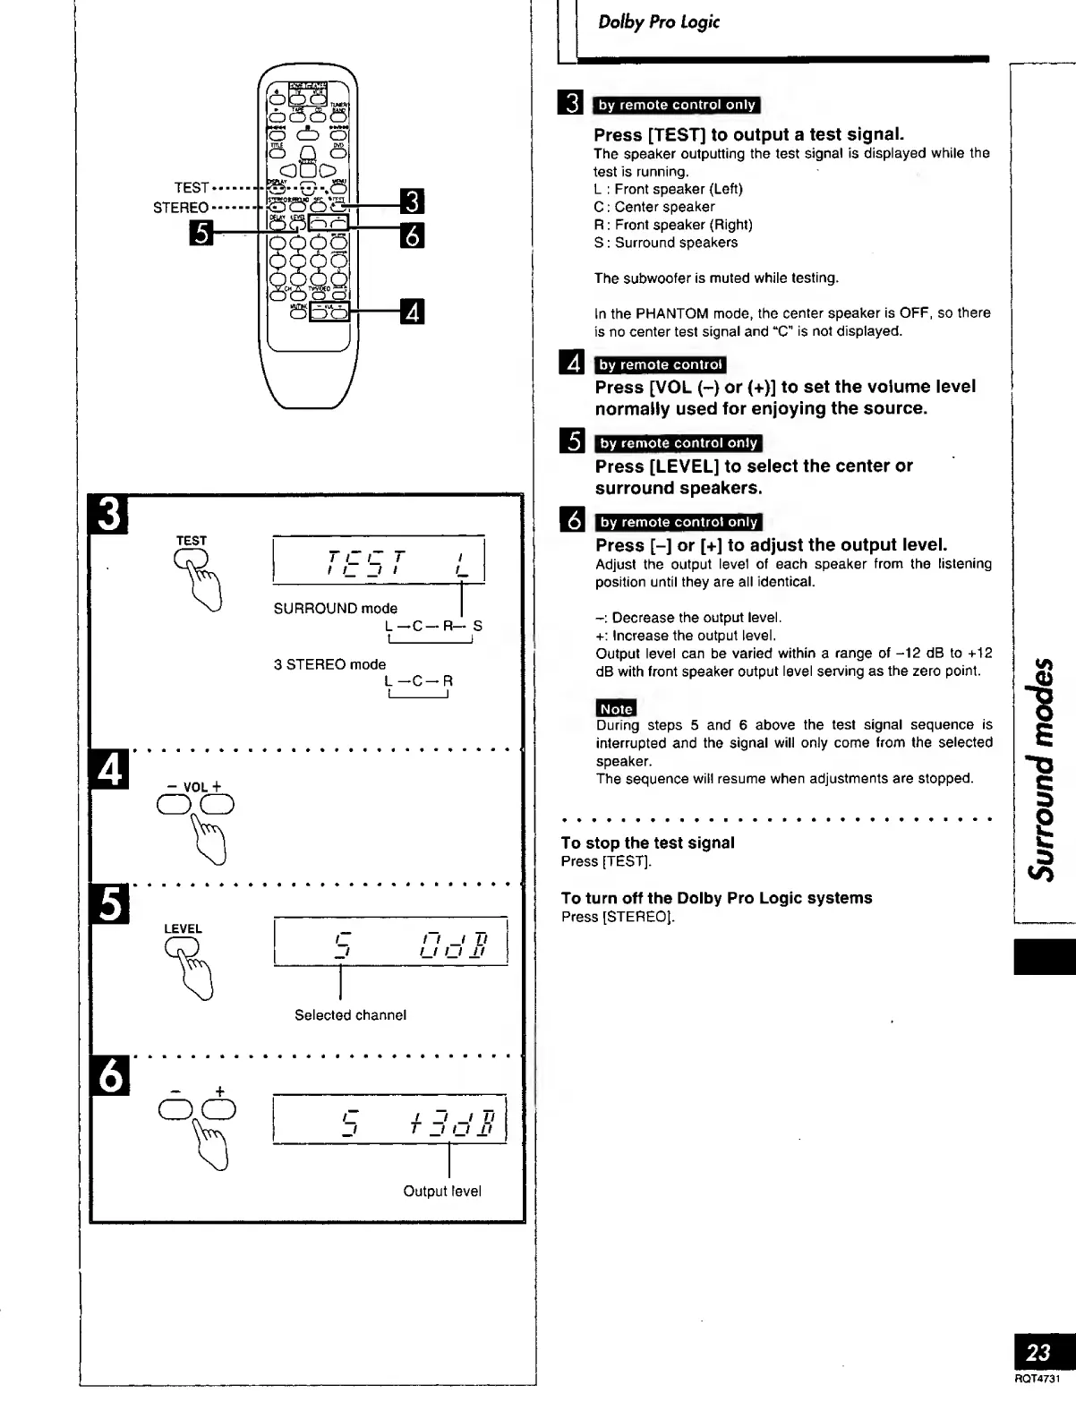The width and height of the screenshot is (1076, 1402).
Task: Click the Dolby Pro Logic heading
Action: point(658,22)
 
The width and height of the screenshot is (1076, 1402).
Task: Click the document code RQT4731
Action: point(1037,1378)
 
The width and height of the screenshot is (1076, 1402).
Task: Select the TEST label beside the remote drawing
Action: point(192,187)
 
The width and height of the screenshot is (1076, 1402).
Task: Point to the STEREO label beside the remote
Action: point(181,208)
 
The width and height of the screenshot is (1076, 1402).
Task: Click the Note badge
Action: point(615,708)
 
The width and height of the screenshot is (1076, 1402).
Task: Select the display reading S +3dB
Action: point(389,1119)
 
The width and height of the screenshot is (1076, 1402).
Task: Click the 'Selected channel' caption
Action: point(350,1015)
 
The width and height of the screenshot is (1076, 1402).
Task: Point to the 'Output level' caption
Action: point(442,1192)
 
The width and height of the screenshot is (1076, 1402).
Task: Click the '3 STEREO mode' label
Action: point(329,664)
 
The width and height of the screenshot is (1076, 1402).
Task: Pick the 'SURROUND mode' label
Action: point(335,609)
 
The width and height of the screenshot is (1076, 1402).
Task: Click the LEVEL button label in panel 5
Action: point(183,929)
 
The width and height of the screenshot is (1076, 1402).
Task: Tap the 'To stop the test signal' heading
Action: point(647,842)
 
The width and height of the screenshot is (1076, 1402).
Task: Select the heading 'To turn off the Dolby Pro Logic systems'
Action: point(716,898)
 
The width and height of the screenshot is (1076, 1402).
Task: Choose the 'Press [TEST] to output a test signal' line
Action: point(749,134)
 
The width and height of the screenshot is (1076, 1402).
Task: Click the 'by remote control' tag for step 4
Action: point(661,364)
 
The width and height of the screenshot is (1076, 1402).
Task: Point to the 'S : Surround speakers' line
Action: point(666,243)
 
